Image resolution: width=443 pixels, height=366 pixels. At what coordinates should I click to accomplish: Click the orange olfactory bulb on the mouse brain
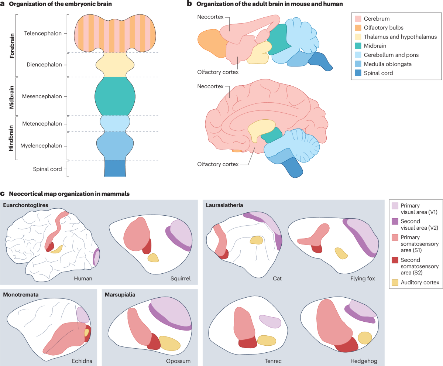[x=209, y=43]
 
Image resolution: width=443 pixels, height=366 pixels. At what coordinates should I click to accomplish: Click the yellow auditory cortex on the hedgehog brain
[x=365, y=338]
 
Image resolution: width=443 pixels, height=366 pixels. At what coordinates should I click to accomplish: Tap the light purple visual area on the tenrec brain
[x=270, y=321]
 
